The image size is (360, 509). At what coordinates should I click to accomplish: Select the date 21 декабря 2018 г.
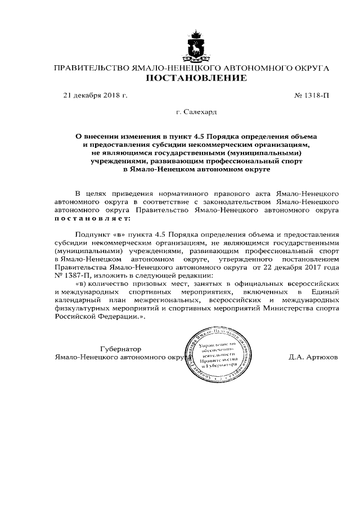pyautogui.click(x=95, y=95)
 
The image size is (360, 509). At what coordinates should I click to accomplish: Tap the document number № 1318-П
pyautogui.click(x=312, y=95)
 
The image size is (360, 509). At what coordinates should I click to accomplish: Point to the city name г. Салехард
pyautogui.click(x=196, y=112)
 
